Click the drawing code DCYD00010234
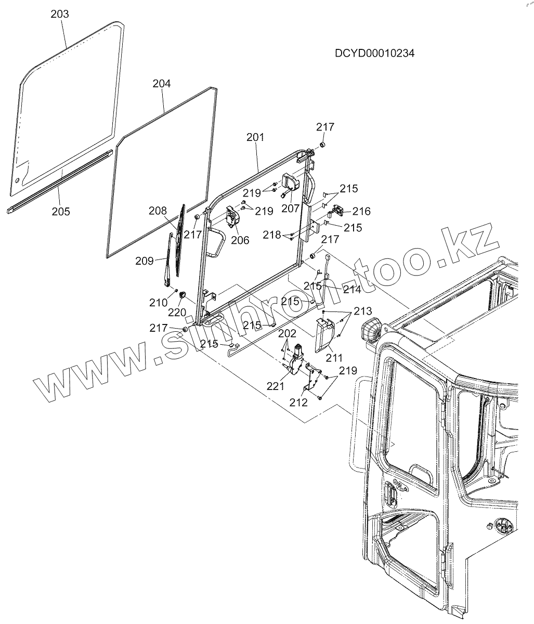click(x=374, y=54)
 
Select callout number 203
click(x=60, y=14)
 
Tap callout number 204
click(x=162, y=83)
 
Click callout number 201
click(x=255, y=137)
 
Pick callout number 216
click(x=361, y=211)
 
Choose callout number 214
click(x=351, y=289)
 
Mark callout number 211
click(x=334, y=358)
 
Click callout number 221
click(x=276, y=386)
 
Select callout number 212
click(x=299, y=401)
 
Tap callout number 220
click(x=177, y=313)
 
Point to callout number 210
click(x=158, y=302)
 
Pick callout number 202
click(x=287, y=333)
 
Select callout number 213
click(x=362, y=311)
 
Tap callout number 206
click(x=240, y=240)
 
